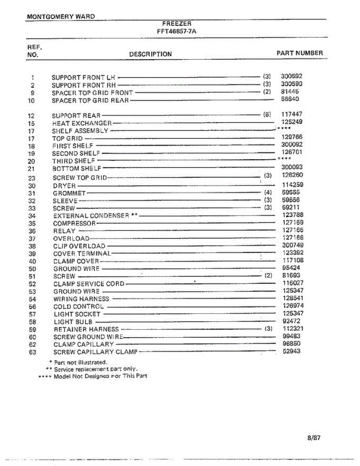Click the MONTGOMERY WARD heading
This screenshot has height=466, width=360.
[61, 17]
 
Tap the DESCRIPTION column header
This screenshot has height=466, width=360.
[150, 54]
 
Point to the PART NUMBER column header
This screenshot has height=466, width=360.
[299, 53]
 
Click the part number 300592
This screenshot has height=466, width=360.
[291, 77]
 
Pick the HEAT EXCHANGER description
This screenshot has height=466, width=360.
[82, 123]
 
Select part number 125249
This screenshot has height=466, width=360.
[292, 122]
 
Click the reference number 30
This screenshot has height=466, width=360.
[32, 186]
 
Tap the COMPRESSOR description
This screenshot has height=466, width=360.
[74, 224]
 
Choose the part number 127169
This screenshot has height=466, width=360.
[293, 223]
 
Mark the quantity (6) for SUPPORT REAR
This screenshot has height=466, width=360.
[266, 115]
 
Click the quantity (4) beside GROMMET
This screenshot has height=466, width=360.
[268, 192]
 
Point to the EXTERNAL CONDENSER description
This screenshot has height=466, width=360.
[91, 216]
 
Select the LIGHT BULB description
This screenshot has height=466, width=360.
[73, 322]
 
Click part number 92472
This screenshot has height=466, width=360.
[291, 321]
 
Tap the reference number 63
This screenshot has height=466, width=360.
[32, 353]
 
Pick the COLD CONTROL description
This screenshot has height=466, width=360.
[78, 306]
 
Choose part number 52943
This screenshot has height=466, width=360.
[291, 351]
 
